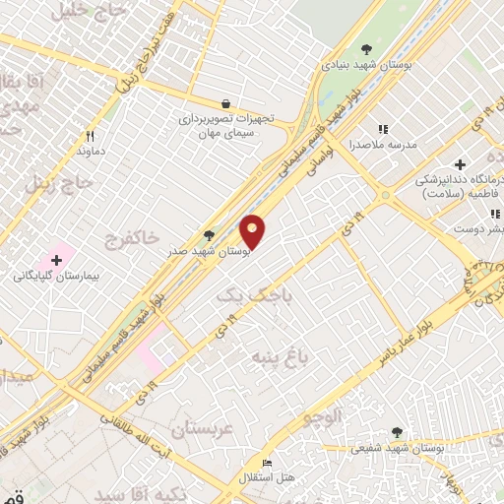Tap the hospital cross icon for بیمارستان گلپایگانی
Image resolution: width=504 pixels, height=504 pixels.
56,260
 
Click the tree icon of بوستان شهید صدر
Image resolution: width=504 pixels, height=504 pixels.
209,235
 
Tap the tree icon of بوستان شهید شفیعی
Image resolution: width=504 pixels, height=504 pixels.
397,431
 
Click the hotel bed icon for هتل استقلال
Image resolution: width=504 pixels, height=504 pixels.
266,463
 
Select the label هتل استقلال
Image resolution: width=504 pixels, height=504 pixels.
264,477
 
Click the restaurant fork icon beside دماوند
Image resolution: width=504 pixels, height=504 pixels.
91,136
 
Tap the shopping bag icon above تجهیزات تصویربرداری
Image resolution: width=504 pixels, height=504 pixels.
226,103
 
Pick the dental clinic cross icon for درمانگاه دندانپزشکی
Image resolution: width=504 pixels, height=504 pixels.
459,164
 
